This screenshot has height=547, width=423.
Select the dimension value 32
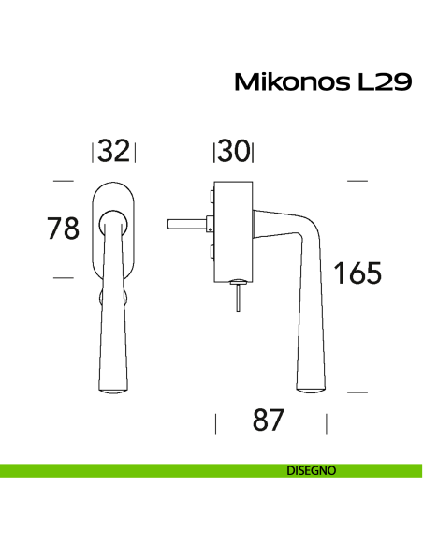click(113, 152)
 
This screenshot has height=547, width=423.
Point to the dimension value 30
click(234, 152)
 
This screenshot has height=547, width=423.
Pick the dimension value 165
click(357, 274)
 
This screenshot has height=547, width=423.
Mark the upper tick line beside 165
click(357, 180)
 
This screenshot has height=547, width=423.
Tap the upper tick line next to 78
click(63, 180)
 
